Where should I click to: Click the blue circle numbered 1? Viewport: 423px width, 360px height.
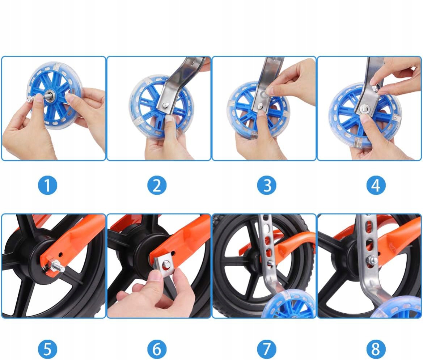click(x=47, y=185)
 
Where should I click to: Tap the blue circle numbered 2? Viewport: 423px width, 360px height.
click(x=157, y=185)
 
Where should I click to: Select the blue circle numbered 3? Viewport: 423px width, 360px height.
click(x=267, y=185)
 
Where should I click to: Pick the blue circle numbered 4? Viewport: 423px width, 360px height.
click(x=376, y=185)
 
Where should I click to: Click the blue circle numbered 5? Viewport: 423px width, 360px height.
click(x=47, y=349)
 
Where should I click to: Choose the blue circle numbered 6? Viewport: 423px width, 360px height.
click(x=157, y=349)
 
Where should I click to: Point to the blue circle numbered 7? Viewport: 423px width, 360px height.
click(x=267, y=349)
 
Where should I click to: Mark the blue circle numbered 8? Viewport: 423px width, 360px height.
click(x=376, y=349)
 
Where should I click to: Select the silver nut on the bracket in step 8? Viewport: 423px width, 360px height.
click(x=373, y=260)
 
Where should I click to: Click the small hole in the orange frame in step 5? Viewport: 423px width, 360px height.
click(x=60, y=254)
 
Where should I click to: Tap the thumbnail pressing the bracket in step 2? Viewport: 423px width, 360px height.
click(x=169, y=118)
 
